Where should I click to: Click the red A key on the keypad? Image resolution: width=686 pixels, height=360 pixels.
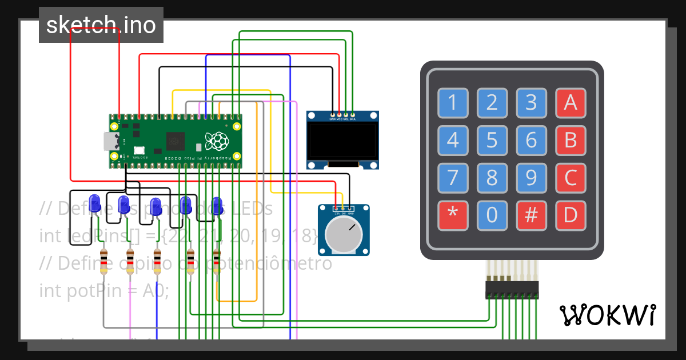pyautogui.click(x=571, y=103)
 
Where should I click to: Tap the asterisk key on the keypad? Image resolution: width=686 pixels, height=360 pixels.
pyautogui.click(x=453, y=215)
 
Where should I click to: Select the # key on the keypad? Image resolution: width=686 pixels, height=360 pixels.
pyautogui.click(x=531, y=215)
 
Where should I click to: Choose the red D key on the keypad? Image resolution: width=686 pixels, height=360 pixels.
pyautogui.click(x=571, y=215)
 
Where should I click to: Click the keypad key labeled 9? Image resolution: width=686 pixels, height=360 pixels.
pyautogui.click(x=531, y=178)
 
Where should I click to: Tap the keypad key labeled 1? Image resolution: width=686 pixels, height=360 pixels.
pyautogui.click(x=453, y=103)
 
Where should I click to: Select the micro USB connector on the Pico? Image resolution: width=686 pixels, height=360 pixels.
pyautogui.click(x=109, y=141)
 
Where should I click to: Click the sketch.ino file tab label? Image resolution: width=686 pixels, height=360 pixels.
pyautogui.click(x=101, y=25)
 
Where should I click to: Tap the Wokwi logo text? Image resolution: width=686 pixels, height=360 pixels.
pyautogui.click(x=607, y=315)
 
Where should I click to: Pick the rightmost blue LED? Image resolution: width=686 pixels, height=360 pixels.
pyautogui.click(x=217, y=204)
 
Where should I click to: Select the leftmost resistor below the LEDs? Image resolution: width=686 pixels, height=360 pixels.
pyautogui.click(x=103, y=262)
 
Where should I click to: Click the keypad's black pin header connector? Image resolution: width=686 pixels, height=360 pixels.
pyautogui.click(x=512, y=290)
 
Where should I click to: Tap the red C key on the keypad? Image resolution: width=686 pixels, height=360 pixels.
pyautogui.click(x=571, y=178)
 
